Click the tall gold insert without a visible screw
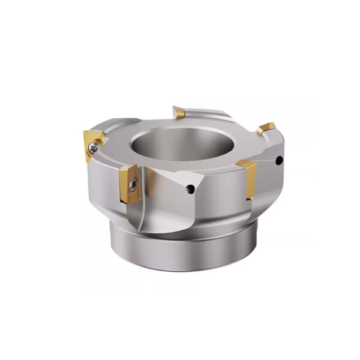click(247, 179)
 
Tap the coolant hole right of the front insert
click(191, 190)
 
